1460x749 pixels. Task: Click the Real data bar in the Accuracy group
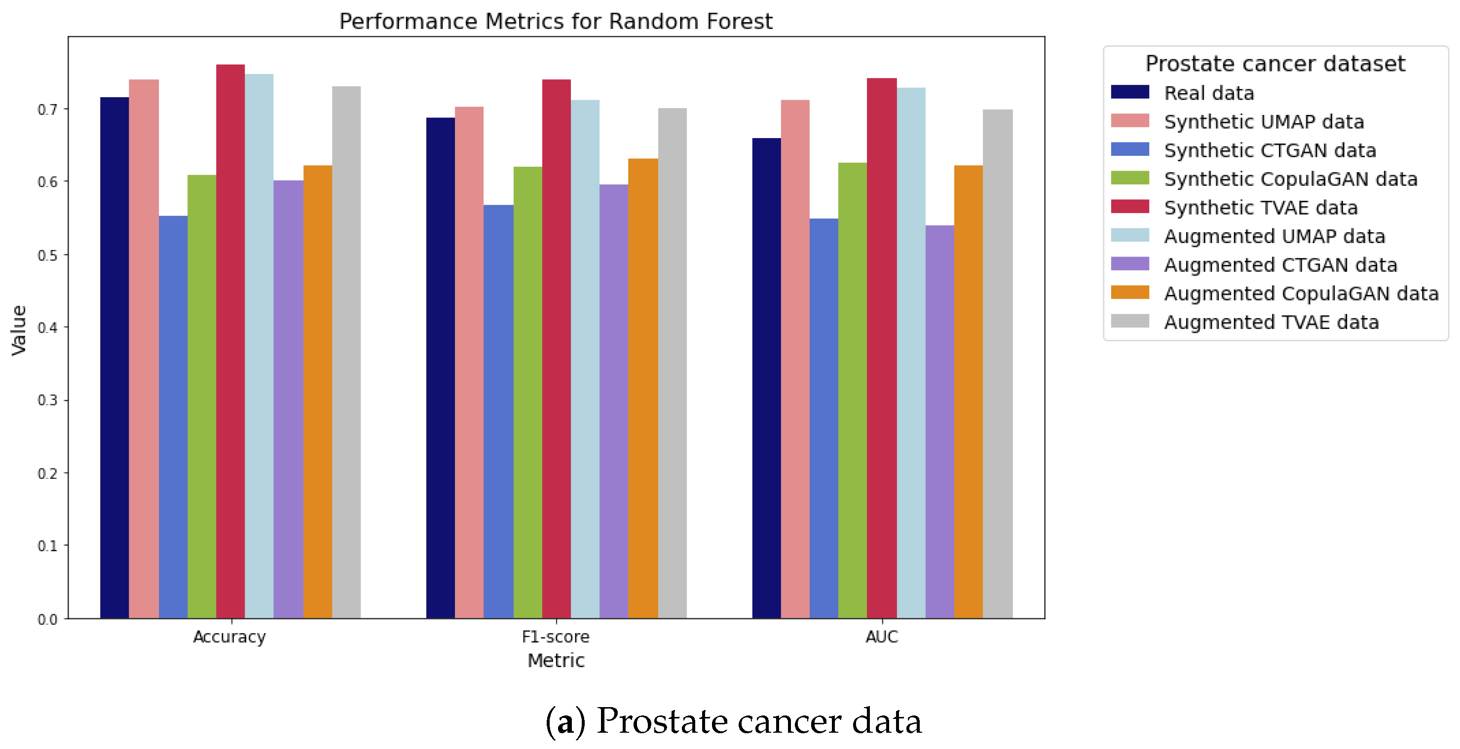click(114, 357)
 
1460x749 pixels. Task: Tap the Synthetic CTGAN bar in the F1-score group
click(498, 411)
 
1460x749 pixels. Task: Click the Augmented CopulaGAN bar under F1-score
click(643, 389)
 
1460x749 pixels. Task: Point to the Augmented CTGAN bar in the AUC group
click(940, 422)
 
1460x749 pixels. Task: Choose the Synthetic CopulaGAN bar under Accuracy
click(202, 396)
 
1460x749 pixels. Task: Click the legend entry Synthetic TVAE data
click(1261, 208)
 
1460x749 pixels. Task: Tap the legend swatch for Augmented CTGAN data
click(1129, 264)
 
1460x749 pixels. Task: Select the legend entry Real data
click(1208, 93)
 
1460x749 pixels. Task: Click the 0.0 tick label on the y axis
click(47, 619)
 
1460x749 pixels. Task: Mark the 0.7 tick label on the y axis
click(47, 109)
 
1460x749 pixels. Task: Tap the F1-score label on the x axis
click(556, 637)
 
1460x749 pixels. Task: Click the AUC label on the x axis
click(881, 637)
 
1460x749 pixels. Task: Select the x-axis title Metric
click(556, 661)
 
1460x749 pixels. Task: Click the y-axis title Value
click(19, 330)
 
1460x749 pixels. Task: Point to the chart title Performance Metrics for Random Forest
click(556, 22)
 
